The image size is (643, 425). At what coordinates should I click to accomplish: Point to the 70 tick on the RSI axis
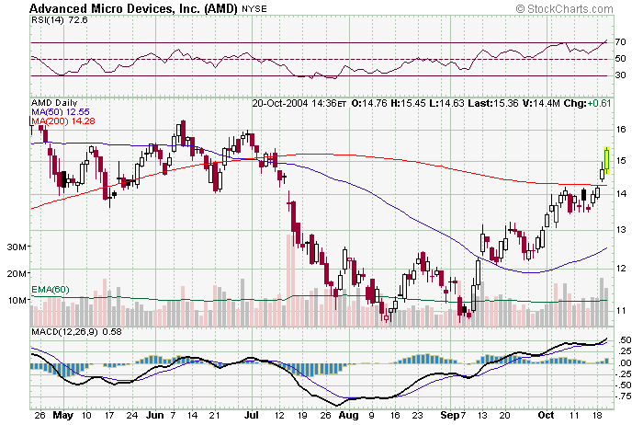pos(621,42)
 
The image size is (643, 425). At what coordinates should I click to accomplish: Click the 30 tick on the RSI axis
pos(621,75)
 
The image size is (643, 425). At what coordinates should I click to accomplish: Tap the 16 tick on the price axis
pos(622,130)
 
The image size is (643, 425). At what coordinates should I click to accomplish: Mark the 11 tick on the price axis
pos(622,310)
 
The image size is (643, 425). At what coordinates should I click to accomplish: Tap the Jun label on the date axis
pos(153,416)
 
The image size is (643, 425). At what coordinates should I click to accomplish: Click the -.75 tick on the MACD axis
pos(626,396)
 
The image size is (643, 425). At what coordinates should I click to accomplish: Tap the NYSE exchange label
pos(254,9)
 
